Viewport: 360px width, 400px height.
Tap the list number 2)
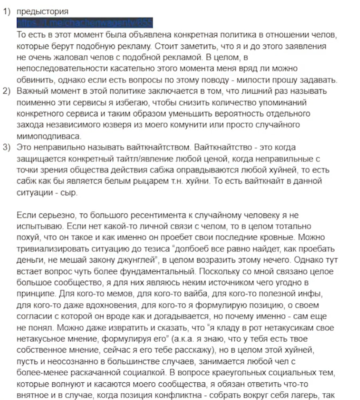[7, 91]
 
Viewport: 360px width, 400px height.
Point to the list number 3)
[7, 148]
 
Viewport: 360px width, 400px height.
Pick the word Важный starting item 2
[31, 91]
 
